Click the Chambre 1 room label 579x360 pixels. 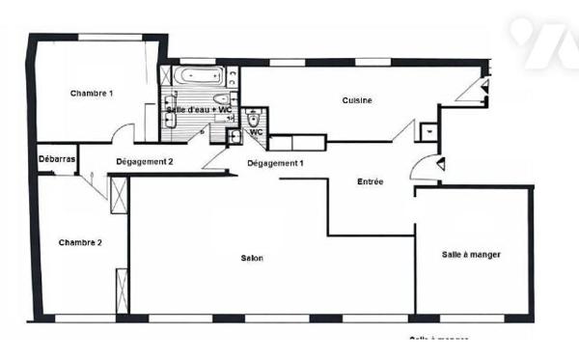coord(93,94)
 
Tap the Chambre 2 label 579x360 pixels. coord(80,242)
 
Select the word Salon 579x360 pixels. coord(252,258)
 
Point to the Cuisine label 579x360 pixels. coord(357,100)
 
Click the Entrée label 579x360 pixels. coord(371,181)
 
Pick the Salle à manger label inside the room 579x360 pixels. coord(472,254)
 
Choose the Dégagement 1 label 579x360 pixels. coord(275,163)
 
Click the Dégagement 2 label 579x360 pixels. coord(144,161)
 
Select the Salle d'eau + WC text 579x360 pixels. coord(198,109)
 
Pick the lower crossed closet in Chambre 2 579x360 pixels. coord(122,291)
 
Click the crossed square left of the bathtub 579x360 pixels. coord(166,74)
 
